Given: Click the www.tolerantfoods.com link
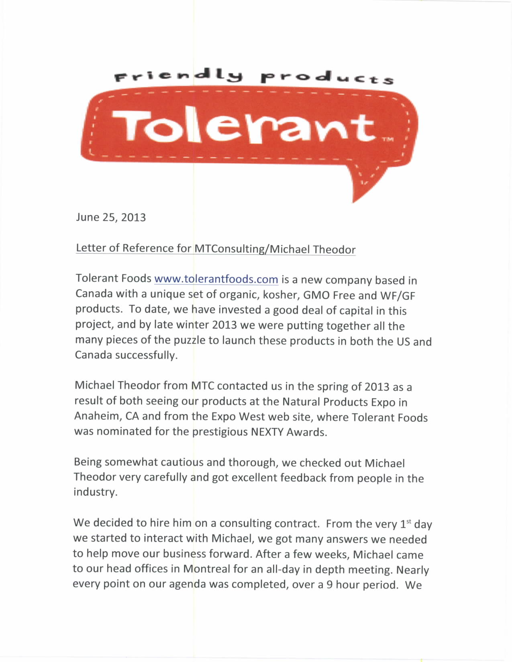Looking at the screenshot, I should click(216, 279).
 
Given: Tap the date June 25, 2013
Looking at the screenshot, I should click(111, 217).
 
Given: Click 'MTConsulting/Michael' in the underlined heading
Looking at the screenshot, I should click(252, 249).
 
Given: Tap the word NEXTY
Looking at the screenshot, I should click(267, 432).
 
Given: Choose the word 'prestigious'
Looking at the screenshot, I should click(220, 432).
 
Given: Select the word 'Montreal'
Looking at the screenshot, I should click(206, 569).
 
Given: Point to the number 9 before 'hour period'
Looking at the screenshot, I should click(329, 584).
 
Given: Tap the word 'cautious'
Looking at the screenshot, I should click(182, 462).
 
